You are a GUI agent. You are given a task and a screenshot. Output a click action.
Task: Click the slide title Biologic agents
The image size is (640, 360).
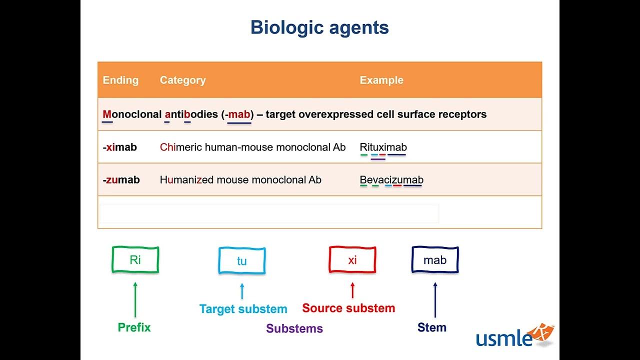pyautogui.click(x=319, y=27)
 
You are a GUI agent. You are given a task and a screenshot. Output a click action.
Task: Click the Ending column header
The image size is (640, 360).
pyautogui.click(x=120, y=80)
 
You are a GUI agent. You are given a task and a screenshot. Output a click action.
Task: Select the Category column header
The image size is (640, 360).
pyautogui.click(x=182, y=80)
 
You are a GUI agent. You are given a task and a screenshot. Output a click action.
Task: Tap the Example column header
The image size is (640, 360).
pyautogui.click(x=381, y=80)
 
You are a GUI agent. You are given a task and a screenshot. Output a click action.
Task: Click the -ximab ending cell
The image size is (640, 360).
pyautogui.click(x=120, y=147)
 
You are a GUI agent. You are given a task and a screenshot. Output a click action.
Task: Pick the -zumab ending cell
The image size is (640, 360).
pyautogui.click(x=121, y=180)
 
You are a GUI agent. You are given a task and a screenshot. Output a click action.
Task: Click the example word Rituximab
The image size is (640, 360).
pyautogui.click(x=383, y=147)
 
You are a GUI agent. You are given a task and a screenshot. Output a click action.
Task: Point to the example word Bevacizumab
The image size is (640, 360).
pyautogui.click(x=391, y=180)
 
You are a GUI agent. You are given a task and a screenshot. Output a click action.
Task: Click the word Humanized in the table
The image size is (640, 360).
pyautogui.click(x=184, y=180)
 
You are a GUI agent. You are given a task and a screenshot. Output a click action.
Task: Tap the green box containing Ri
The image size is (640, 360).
pyautogui.click(x=135, y=260)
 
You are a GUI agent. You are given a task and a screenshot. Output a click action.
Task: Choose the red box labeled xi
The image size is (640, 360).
pyautogui.click(x=352, y=260)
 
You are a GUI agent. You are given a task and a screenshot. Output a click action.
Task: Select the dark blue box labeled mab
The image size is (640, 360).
pyautogui.click(x=435, y=260)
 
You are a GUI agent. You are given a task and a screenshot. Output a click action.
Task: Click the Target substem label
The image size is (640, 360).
pyautogui.click(x=243, y=309)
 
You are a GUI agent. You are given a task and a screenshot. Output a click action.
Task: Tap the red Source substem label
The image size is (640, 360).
pyautogui.click(x=348, y=308)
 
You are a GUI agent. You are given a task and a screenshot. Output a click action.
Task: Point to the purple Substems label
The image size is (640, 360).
pyautogui.click(x=294, y=328)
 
